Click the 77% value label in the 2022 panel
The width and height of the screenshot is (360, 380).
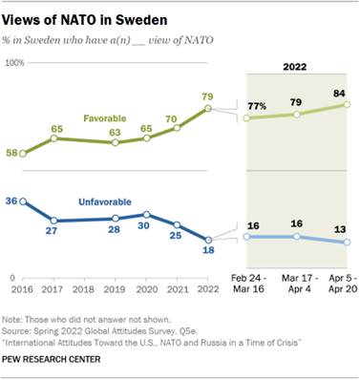click(x=255, y=103)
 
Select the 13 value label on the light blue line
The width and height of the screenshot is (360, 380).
click(x=339, y=229)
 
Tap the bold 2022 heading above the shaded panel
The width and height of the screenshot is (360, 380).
click(x=297, y=66)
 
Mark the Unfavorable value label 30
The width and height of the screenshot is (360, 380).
click(x=146, y=227)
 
